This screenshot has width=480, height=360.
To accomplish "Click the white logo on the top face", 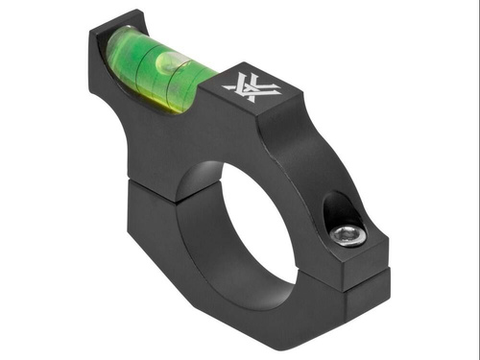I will (x=252, y=88).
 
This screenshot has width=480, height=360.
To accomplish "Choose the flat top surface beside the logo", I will (x=288, y=101).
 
